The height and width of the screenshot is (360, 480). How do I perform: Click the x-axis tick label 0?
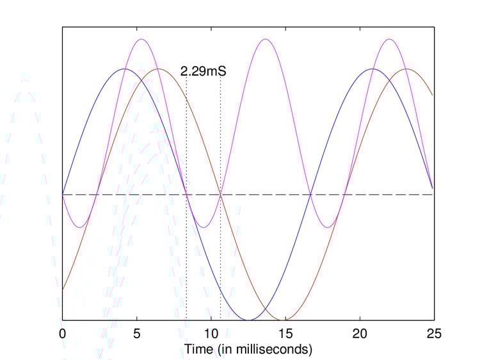pos(62,334)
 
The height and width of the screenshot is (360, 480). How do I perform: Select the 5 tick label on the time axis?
pos(136,334)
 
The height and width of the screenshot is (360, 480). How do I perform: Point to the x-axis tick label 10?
pos(211,334)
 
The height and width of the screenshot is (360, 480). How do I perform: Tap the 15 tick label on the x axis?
pos(285,334)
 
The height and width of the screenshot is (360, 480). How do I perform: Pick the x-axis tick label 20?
pos(360,334)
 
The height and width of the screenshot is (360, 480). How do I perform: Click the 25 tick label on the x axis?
pos(434,334)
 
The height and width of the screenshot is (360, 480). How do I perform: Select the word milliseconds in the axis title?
pos(273,350)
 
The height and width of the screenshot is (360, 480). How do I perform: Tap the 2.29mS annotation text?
pos(203,72)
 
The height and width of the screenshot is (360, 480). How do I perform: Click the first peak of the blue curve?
pos(124,69)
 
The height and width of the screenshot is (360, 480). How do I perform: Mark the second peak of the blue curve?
pos(372,69)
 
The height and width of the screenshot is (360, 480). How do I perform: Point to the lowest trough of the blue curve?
pos(248,320)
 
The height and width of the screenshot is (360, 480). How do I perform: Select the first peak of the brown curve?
pos(158,69)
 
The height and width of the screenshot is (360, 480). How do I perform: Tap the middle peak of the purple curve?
pos(265,39)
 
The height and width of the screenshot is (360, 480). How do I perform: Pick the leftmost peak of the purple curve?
pos(141,39)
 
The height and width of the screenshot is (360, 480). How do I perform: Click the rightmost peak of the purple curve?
pos(389,39)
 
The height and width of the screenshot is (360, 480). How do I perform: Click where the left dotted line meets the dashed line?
pos(186,194)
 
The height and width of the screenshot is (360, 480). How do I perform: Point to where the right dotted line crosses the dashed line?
pos(220,194)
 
